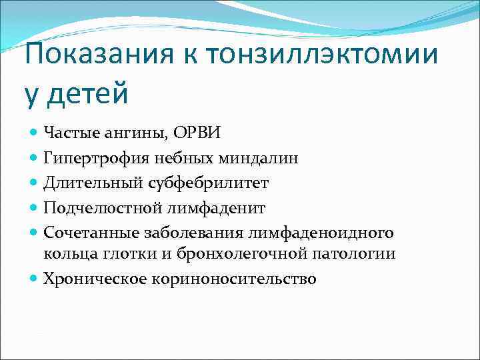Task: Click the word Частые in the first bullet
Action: click(x=69, y=132)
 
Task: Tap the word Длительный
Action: click(x=84, y=183)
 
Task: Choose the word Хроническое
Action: click(x=89, y=279)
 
